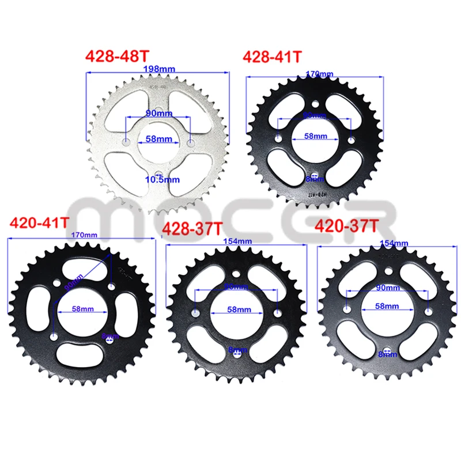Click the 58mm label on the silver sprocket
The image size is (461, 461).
pos(158,138)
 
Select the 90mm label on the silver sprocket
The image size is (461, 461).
pos(157,113)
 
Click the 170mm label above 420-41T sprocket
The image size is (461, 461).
pos(82,235)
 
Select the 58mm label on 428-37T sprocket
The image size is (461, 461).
pos(237,309)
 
